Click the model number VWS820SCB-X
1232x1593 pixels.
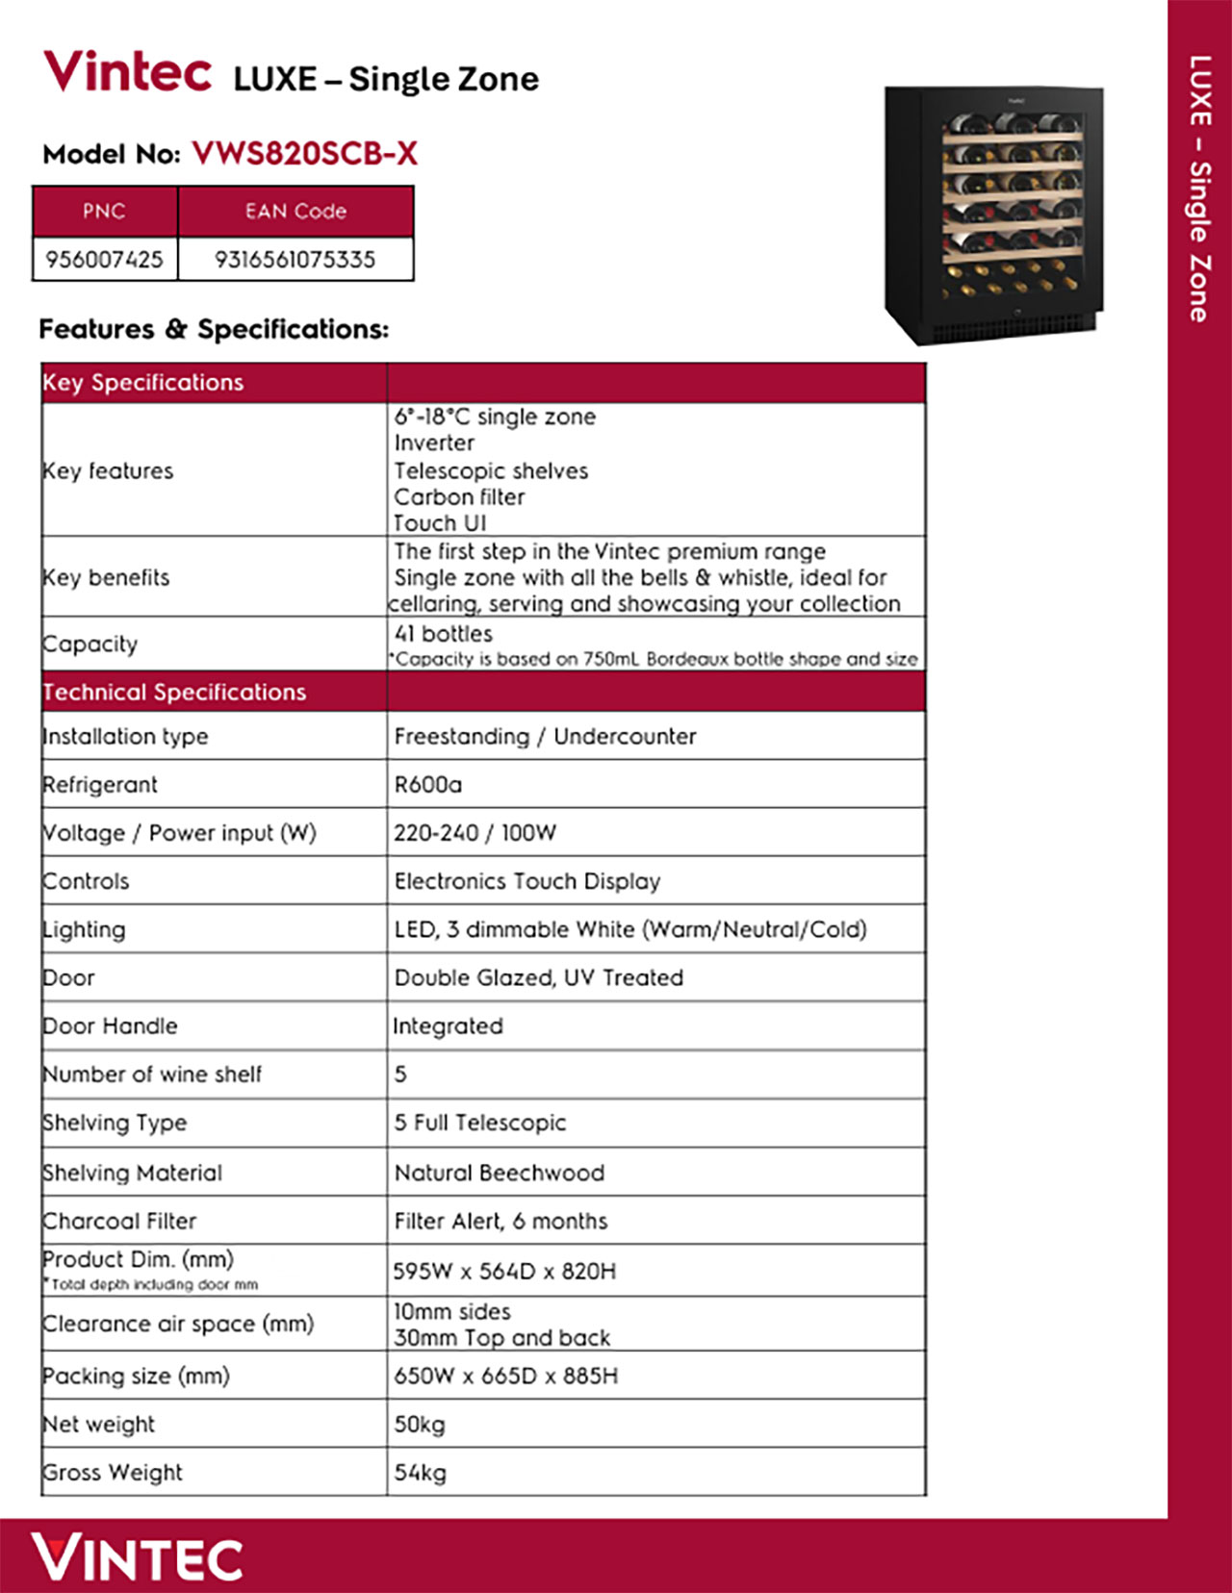point(304,154)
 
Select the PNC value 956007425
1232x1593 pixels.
point(104,259)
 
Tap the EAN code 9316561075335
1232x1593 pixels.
point(295,259)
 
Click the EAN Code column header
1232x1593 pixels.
point(295,212)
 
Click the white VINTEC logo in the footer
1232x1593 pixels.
point(137,1558)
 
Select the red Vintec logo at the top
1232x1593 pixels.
point(128,72)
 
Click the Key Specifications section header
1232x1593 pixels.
point(143,383)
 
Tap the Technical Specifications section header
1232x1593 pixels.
point(174,693)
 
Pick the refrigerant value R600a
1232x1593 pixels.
point(427,785)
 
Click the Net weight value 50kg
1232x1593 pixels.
point(420,1425)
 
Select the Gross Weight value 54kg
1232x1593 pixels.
point(420,1473)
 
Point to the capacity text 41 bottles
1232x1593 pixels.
point(443,634)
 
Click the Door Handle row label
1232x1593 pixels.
point(110,1026)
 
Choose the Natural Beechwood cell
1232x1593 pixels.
point(499,1174)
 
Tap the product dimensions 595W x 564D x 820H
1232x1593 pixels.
point(504,1272)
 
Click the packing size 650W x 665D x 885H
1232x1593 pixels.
point(505,1377)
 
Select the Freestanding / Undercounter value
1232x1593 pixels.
point(545,737)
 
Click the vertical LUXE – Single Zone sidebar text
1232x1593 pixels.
point(1199,189)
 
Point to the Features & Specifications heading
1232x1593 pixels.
point(214,329)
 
